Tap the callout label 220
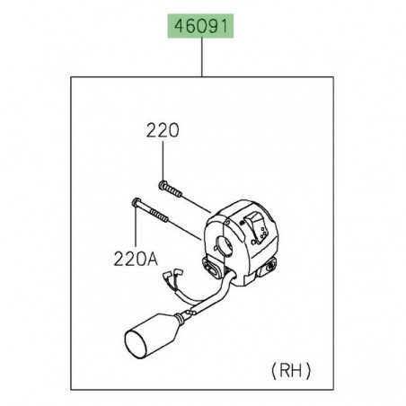click(x=163, y=130)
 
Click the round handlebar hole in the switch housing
click(x=225, y=238)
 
